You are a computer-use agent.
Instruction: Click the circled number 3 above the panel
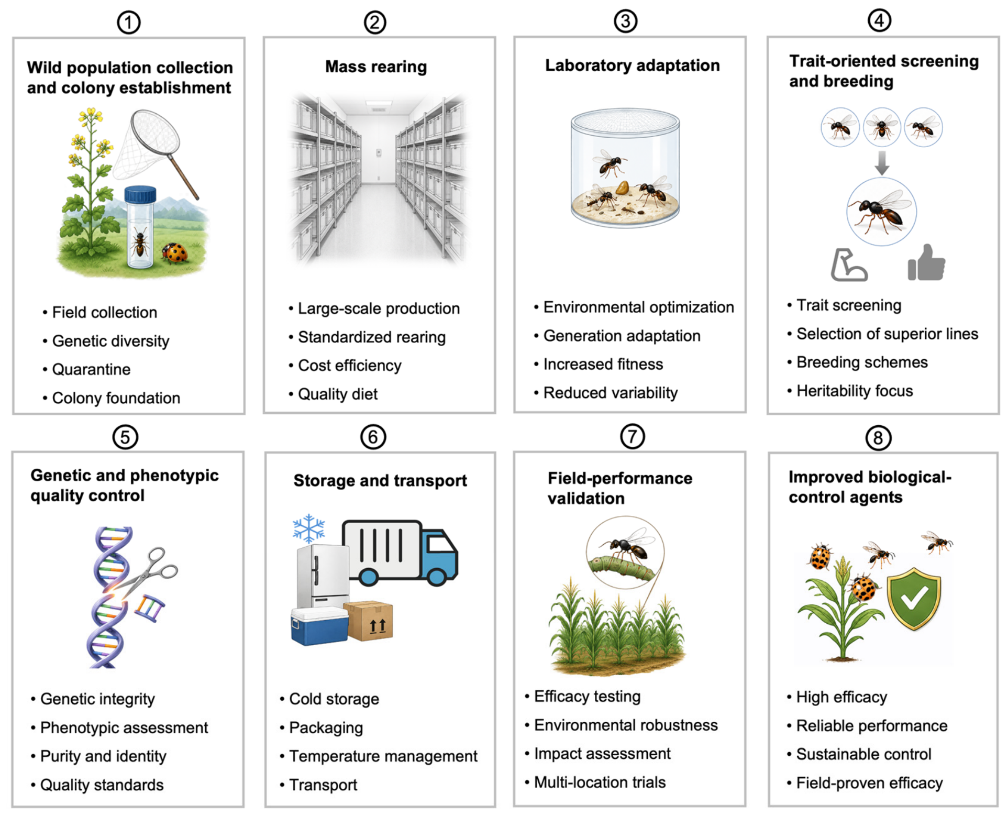[x=625, y=21]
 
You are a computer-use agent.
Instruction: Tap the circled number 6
[x=373, y=437]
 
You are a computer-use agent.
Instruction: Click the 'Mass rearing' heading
[x=376, y=67]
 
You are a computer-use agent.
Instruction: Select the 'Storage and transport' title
[x=380, y=480]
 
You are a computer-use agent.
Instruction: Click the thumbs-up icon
[x=926, y=263]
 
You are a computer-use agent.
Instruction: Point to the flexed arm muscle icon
[x=849, y=264]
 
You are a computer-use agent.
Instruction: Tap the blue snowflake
[x=309, y=528]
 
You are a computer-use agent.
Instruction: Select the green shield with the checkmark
[x=914, y=599]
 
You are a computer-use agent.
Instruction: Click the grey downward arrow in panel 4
[x=882, y=163]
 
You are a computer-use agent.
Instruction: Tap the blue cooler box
[x=319, y=626]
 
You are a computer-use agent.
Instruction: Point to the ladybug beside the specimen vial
[x=175, y=253]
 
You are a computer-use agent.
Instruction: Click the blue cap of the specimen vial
[x=140, y=194]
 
